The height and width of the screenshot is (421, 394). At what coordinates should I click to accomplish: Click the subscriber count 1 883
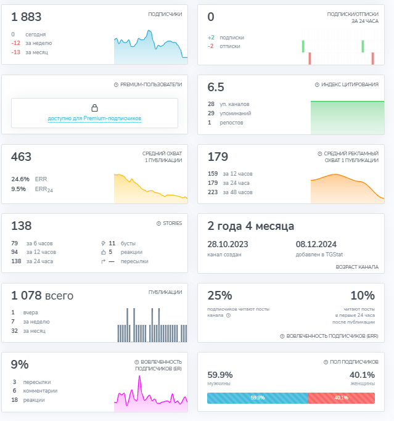tap(26, 17)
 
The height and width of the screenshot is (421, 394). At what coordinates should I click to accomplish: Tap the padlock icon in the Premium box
tap(94, 108)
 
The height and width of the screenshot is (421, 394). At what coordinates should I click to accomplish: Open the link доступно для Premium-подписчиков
tap(94, 118)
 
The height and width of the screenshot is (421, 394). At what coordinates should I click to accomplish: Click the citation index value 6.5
tap(216, 88)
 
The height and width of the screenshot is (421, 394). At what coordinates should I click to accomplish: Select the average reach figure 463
tap(21, 157)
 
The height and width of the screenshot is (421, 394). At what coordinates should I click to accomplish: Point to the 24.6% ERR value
tap(20, 179)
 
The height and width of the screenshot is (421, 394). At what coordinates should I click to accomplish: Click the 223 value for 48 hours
tap(213, 192)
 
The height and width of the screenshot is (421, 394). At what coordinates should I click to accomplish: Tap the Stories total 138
tap(21, 226)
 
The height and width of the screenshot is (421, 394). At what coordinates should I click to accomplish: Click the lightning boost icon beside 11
tap(104, 243)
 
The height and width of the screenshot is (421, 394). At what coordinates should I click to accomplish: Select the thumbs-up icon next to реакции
tap(104, 252)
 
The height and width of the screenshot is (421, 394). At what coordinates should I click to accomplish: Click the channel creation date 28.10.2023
tap(228, 244)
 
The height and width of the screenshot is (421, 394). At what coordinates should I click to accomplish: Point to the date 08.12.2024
tap(316, 244)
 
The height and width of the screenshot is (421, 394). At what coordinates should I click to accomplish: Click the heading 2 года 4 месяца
tap(250, 226)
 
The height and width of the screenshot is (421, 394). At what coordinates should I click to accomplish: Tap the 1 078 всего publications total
tap(42, 296)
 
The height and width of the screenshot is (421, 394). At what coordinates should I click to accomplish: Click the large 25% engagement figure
tap(220, 296)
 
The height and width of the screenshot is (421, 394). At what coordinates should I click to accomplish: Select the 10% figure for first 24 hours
tap(363, 296)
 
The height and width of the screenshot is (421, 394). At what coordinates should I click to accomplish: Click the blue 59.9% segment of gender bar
tap(257, 398)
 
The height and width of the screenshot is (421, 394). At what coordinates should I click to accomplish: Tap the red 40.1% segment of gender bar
tap(341, 398)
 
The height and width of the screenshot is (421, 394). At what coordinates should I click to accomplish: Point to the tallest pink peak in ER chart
tap(140, 376)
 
